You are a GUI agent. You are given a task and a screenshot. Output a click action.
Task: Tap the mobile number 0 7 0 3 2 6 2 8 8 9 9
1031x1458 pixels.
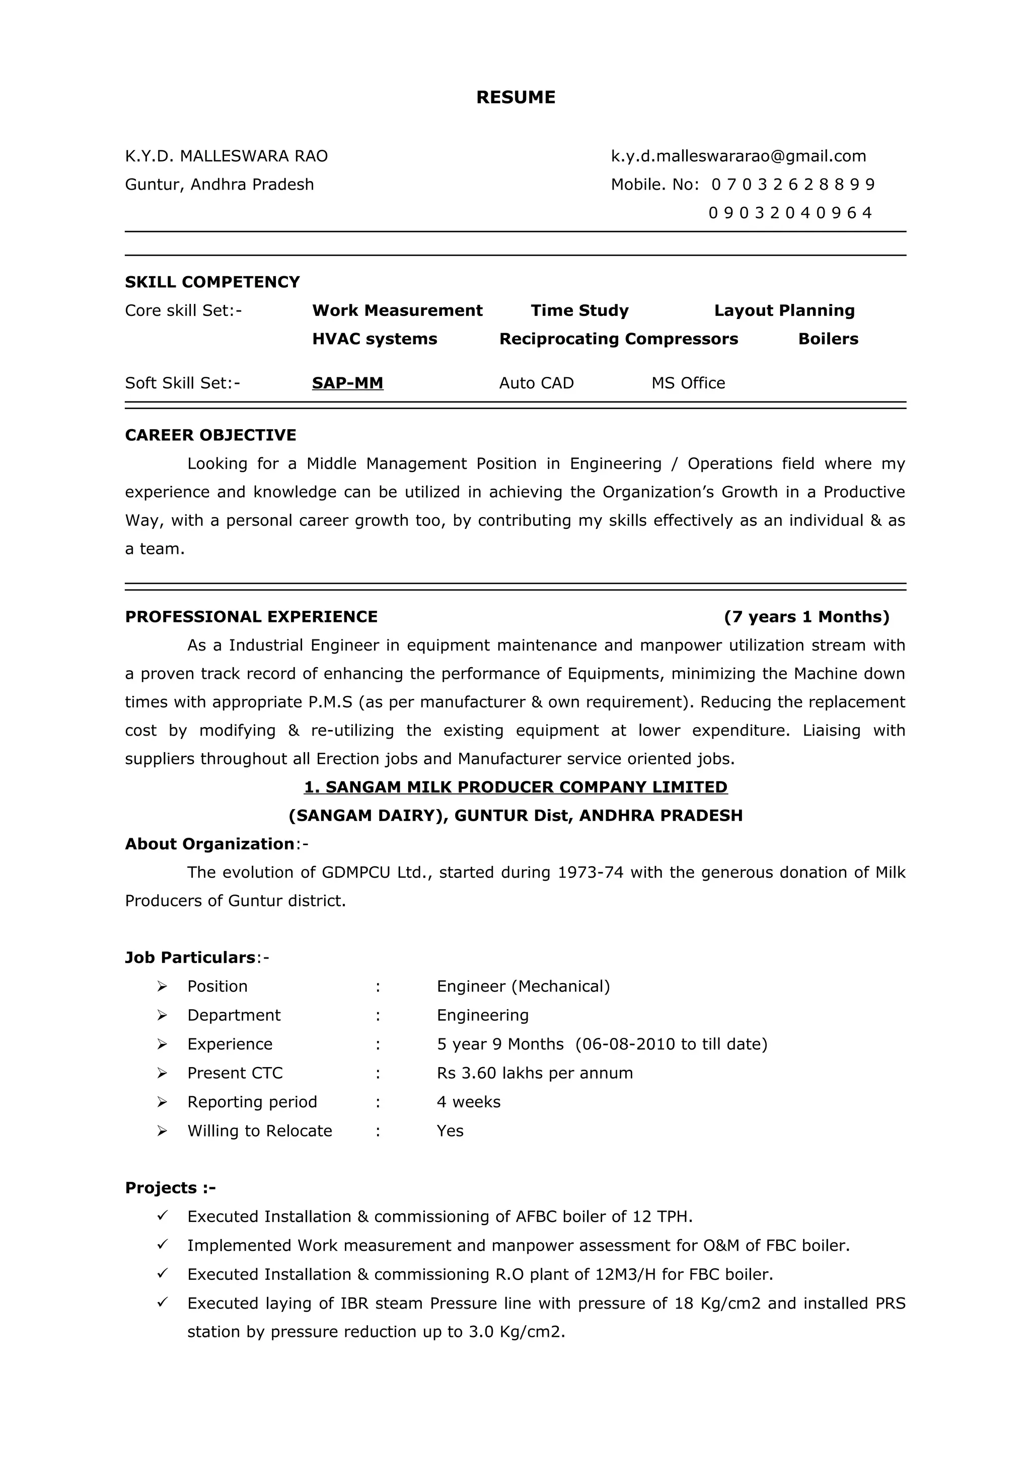coord(793,185)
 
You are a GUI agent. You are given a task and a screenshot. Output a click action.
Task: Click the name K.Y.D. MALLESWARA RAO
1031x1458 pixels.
coord(226,156)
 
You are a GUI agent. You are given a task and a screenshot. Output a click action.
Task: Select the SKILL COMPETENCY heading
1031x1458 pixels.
coord(212,282)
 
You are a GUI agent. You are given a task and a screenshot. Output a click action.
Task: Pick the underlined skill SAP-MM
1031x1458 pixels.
coord(347,383)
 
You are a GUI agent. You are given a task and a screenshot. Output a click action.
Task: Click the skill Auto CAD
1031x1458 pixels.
coord(536,383)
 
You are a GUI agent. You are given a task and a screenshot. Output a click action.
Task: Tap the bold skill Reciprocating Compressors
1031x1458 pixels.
coord(618,339)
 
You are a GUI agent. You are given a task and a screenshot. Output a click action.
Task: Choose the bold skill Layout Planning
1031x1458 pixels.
coord(784,310)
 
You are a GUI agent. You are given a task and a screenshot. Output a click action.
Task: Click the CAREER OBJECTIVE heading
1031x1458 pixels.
coord(210,435)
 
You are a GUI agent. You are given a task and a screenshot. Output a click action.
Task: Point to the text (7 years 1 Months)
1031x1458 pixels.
coord(806,617)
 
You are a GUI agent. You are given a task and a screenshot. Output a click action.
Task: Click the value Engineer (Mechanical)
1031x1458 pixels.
coord(523,986)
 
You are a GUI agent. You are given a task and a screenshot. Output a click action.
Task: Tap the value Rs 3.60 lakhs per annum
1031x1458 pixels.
coord(534,1073)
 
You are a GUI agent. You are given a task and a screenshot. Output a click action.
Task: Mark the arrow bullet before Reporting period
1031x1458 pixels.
coord(162,1102)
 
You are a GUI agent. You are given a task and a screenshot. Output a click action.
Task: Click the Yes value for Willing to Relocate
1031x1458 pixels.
coord(450,1130)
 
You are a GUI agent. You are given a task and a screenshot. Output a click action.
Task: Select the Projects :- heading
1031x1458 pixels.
coord(170,1187)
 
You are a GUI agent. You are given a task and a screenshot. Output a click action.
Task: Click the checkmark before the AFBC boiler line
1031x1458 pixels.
coord(162,1216)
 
